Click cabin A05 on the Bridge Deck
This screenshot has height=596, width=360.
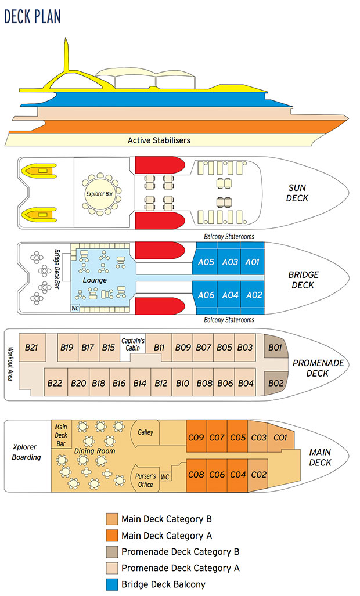click(206, 262)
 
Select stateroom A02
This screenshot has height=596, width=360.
click(254, 295)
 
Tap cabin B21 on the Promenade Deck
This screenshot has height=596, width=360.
click(32, 348)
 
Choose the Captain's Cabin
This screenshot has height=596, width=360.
click(132, 345)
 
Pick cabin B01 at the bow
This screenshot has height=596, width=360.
click(275, 348)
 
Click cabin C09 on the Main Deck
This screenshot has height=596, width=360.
click(196, 438)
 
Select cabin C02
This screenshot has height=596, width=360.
click(258, 475)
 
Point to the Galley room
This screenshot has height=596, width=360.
click(145, 432)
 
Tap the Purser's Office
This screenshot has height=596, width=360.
click(145, 480)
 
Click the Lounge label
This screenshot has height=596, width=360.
click(95, 280)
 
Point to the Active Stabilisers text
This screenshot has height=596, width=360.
click(159, 140)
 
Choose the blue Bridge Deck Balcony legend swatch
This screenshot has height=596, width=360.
click(111, 584)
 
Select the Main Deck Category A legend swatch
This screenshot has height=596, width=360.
click(111, 535)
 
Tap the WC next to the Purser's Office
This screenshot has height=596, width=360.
click(165, 477)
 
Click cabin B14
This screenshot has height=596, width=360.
click(139, 383)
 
